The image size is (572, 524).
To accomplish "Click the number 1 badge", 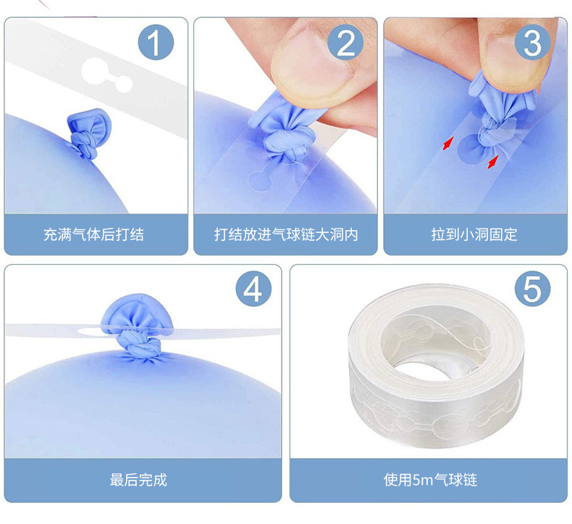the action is [156, 42].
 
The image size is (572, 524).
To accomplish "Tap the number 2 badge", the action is [345, 42].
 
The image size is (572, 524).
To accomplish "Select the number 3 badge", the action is [532, 42].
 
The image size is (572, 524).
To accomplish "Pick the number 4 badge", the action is [253, 290].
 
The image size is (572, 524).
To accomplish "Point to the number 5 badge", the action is [532, 290].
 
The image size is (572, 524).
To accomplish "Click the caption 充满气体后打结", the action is [93, 234].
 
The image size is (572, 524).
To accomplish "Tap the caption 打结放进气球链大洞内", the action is [286, 234].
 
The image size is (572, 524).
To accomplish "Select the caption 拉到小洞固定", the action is [474, 234].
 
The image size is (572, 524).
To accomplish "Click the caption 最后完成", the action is [138, 480].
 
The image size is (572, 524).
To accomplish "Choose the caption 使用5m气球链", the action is [430, 480].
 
